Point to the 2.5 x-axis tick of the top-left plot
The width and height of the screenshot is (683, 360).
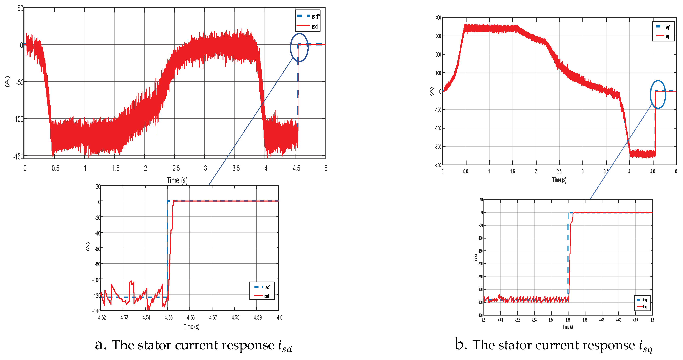pos(176,168)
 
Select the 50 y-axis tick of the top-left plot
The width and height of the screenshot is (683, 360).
pos(20,8)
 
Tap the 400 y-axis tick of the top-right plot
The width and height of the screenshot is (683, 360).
pos(438,18)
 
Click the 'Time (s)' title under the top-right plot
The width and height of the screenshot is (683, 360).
pos(559,180)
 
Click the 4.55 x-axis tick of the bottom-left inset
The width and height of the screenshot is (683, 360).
pos(168,317)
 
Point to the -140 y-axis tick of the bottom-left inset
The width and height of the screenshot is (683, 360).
pos(96,311)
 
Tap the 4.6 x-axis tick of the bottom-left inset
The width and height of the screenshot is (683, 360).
pos(280,317)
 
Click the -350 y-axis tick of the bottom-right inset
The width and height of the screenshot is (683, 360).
pos(480,302)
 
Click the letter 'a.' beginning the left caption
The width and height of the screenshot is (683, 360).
pos(101,345)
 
